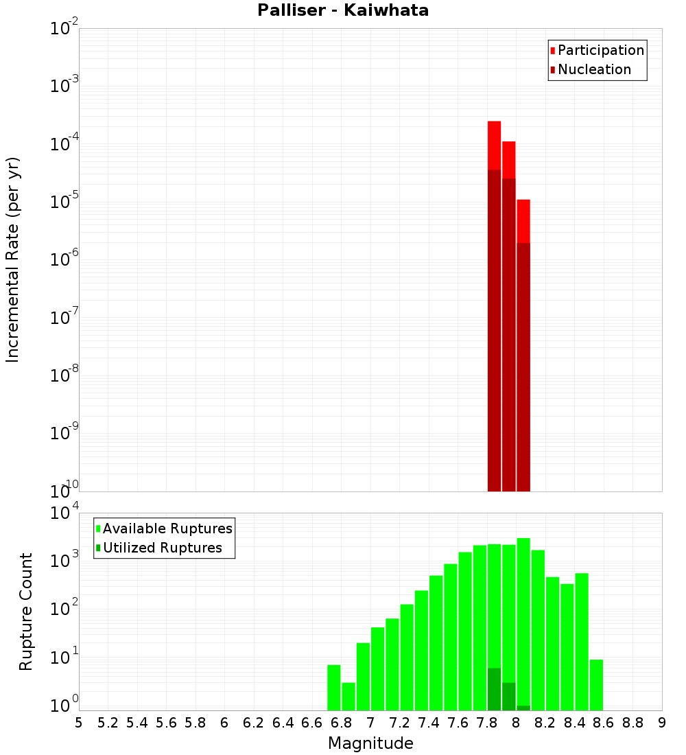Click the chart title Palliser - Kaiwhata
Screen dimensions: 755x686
coord(343,11)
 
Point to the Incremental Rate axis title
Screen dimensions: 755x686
coord(12,259)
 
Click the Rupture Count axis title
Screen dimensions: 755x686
coord(26,612)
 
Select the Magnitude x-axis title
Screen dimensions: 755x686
coord(370,743)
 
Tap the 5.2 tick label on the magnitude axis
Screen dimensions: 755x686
coord(108,722)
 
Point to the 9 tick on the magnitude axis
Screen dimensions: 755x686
coord(662,722)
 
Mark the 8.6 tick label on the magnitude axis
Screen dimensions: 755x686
coord(604,722)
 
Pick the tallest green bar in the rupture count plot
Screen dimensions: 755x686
coord(523,618)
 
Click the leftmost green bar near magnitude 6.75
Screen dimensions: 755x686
coord(334,686)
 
